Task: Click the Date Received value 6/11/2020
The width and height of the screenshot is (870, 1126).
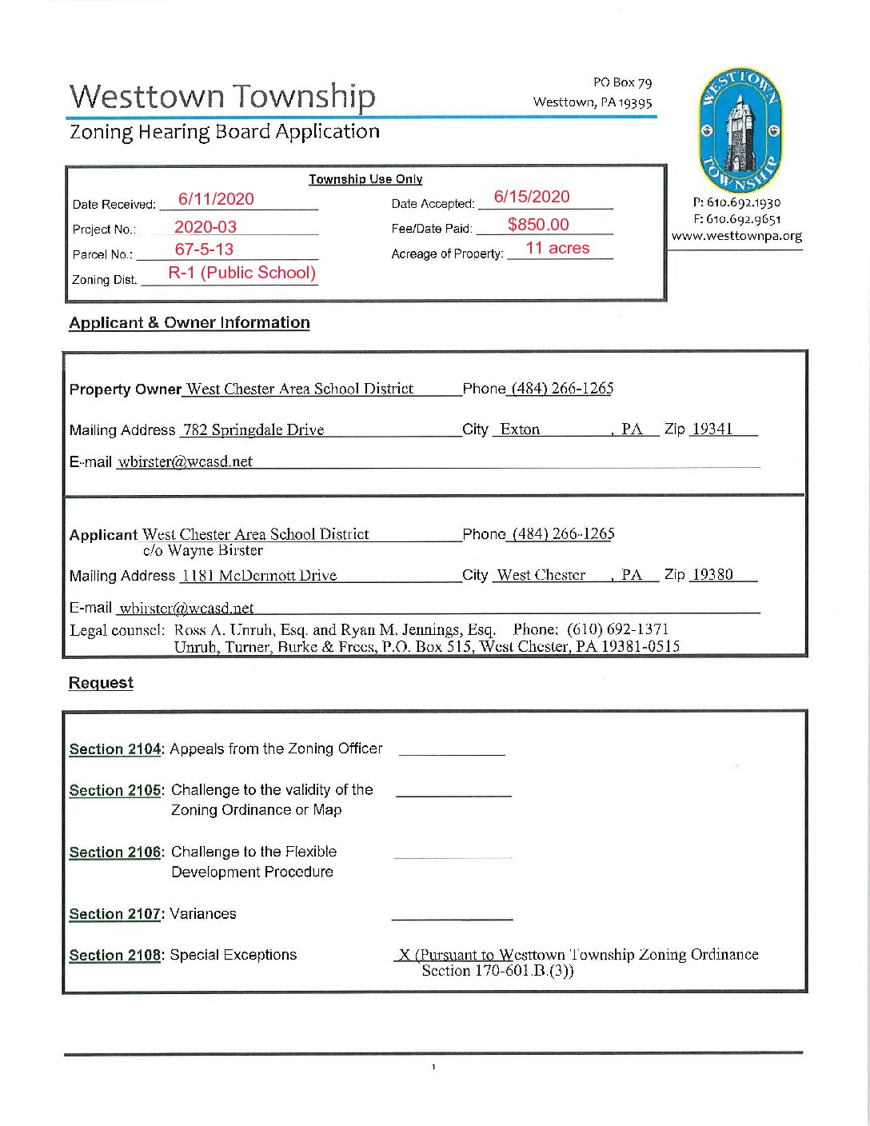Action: click(216, 199)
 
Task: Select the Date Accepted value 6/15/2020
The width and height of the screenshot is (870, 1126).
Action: click(532, 197)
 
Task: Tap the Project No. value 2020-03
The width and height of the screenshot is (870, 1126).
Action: click(206, 227)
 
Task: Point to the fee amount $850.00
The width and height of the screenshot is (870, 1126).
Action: click(538, 225)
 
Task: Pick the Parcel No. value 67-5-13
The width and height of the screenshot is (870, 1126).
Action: click(204, 250)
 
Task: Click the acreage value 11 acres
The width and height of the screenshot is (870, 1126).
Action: click(557, 249)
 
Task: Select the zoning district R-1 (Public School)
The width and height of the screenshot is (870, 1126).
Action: click(241, 273)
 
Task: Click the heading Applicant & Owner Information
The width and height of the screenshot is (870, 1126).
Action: click(190, 323)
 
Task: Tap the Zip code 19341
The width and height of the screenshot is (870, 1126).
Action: click(712, 429)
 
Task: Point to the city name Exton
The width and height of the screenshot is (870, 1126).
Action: click(520, 429)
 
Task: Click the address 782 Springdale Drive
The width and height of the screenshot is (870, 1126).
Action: click(253, 430)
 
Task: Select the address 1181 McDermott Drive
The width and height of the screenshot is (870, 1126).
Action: click(259, 576)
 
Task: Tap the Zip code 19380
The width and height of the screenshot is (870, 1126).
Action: click(712, 574)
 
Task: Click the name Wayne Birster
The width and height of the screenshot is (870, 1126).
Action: click(215, 551)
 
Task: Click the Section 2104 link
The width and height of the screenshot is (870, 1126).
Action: click(115, 749)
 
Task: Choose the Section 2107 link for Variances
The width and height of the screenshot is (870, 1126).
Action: click(115, 914)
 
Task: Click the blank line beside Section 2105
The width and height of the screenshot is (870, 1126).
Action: click(453, 794)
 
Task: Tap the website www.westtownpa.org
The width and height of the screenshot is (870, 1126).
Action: click(736, 236)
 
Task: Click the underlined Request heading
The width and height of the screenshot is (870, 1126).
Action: click(101, 683)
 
